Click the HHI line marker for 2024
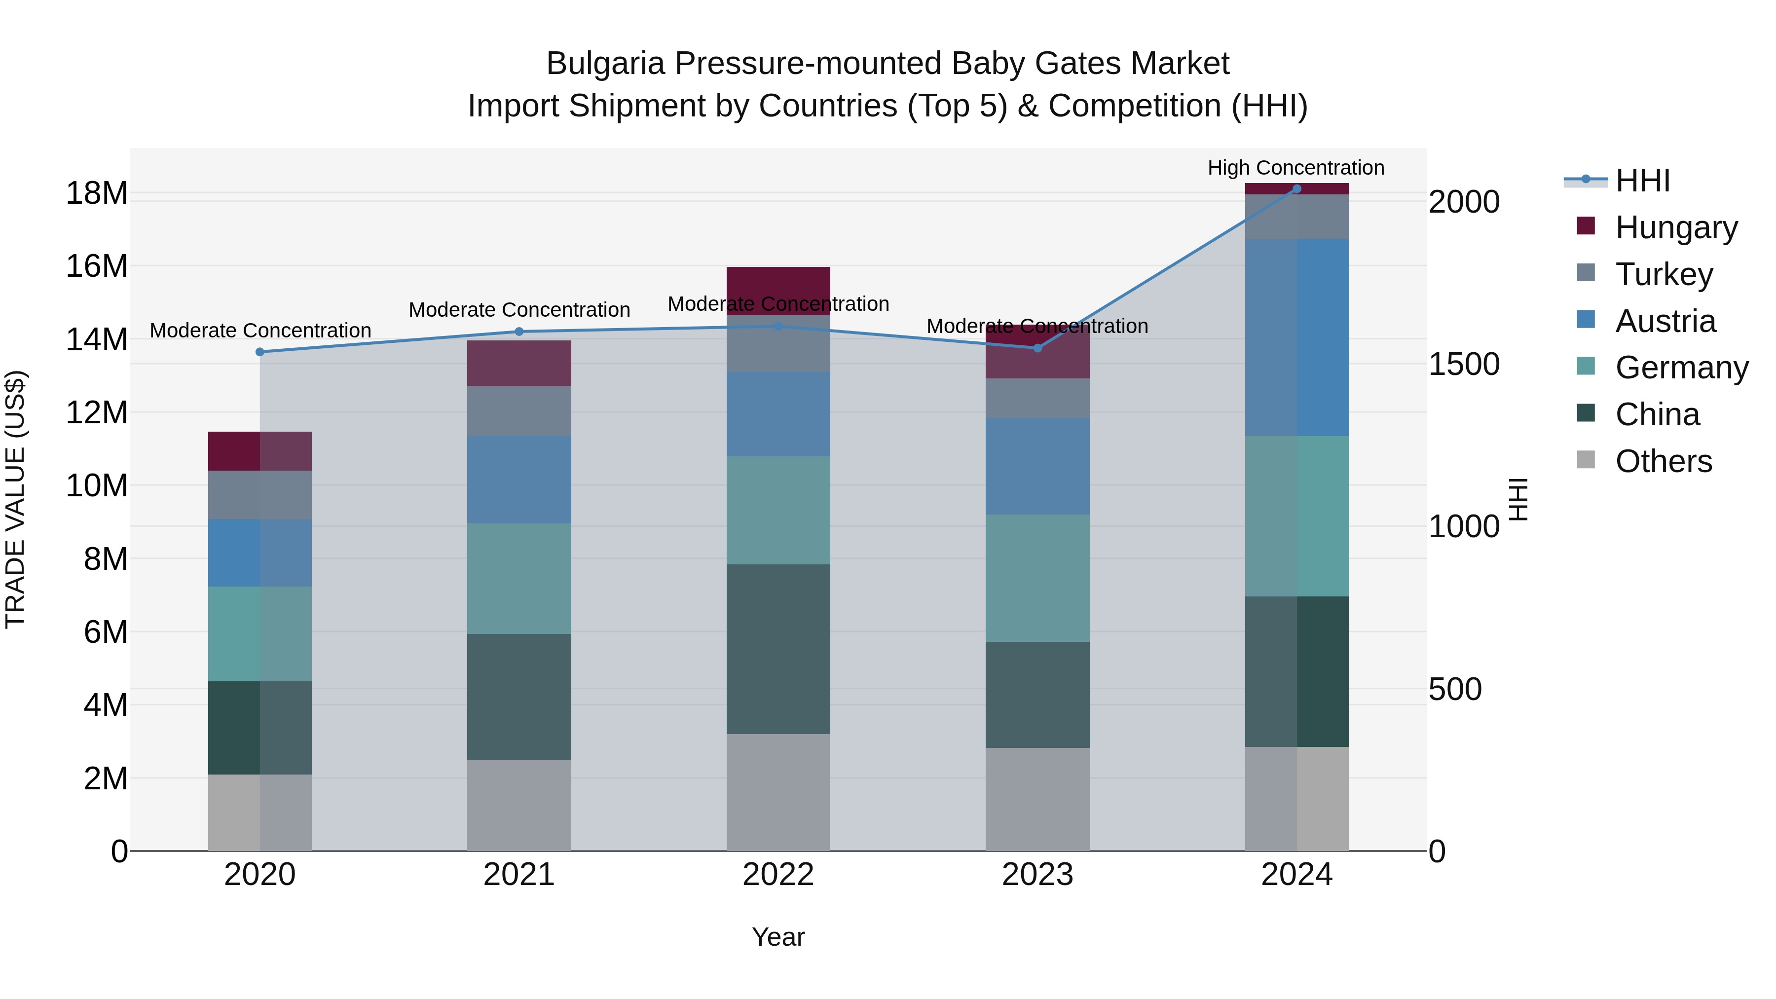pos(1296,189)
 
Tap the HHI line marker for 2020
pos(260,352)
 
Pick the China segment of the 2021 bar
pos(518,696)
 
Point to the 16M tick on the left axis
pos(97,266)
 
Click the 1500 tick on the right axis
pos(1464,364)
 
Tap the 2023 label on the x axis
pos(1037,875)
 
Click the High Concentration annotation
pos(1295,168)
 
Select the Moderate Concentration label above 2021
pos(518,309)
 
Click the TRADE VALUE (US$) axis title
pos(15,499)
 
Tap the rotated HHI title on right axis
pos(1519,499)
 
